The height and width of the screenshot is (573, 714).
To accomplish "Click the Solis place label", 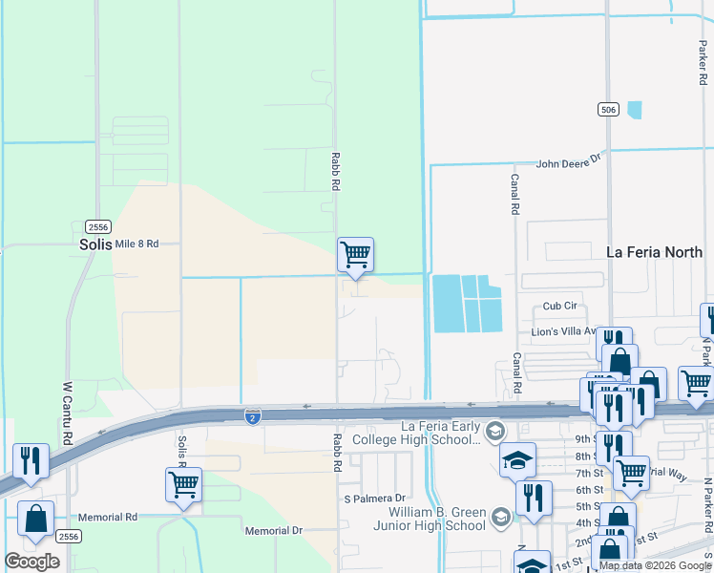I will point(95,244).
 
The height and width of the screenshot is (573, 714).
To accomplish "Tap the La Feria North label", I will point(655,252).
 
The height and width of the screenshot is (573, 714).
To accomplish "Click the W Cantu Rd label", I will point(68,414).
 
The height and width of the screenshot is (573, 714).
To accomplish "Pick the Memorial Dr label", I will point(273,530).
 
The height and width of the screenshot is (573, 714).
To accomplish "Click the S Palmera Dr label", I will point(374,499).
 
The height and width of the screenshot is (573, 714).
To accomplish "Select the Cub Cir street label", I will point(560,307).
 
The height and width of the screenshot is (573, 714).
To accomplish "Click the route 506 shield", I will point(608,110).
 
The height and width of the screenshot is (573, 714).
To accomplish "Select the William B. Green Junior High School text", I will point(427,519).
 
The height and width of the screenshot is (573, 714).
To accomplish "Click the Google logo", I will point(31,562).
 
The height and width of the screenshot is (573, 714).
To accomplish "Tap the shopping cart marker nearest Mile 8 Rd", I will point(355,255).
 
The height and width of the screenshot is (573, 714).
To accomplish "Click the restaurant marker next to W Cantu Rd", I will point(31,460).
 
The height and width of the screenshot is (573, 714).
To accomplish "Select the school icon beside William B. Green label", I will point(500,519).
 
